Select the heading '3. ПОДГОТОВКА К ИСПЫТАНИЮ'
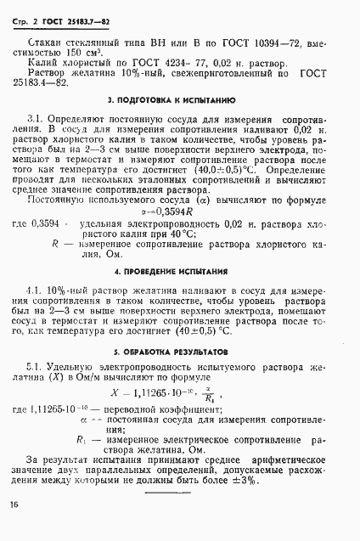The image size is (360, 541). click(179, 100)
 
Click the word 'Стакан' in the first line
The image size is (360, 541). click(44, 41)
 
